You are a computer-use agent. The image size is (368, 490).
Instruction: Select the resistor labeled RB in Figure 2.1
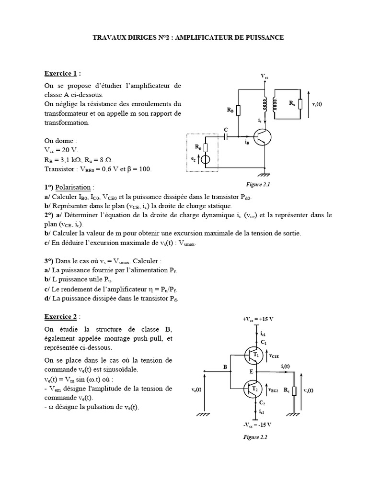coord(239,110)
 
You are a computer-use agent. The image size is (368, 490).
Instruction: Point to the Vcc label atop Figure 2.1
coord(264,77)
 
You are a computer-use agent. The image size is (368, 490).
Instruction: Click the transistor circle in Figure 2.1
coord(263,137)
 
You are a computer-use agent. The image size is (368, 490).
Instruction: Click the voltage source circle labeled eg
coord(206,160)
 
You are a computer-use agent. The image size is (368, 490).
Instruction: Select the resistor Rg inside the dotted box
coord(206,147)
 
